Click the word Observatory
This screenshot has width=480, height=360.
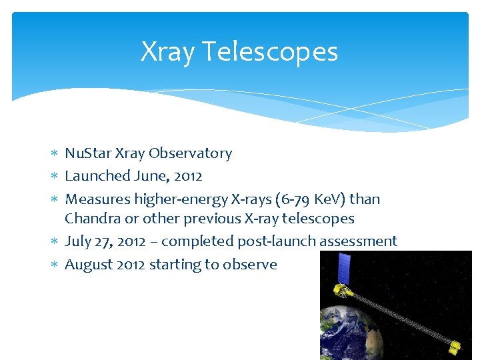tap(190, 153)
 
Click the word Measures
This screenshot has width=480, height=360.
tap(97, 199)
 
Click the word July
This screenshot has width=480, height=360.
tap(78, 241)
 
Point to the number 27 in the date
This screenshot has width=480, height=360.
tap(103, 241)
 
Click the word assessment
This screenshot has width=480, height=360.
tap(358, 241)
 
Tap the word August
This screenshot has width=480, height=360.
tap(89, 265)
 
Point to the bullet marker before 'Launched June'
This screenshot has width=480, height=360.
tap(54, 177)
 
